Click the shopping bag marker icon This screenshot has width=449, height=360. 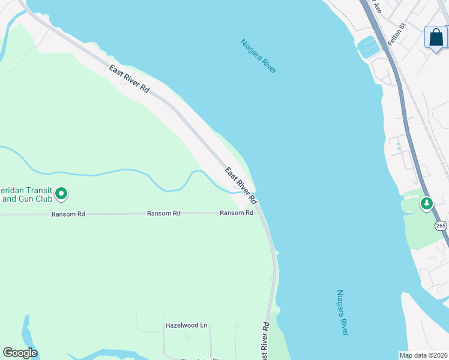click(436, 37)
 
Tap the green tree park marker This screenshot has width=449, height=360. click(426, 204)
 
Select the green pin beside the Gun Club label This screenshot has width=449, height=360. click(61, 193)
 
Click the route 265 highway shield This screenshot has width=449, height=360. click(441, 226)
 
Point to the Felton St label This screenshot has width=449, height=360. click(397, 35)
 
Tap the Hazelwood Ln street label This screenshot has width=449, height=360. click(186, 326)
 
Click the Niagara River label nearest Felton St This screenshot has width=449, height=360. click(258, 56)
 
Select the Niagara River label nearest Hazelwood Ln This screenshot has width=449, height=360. click(342, 313)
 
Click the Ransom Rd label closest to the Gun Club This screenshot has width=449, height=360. click(68, 213)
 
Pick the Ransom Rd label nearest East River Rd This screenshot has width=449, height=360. click(236, 213)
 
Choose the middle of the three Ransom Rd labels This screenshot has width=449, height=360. click(164, 213)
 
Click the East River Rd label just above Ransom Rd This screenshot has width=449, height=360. click(241, 185)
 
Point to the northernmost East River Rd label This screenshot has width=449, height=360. click(129, 79)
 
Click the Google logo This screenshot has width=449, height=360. click(20, 353)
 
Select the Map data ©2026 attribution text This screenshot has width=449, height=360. click(424, 355)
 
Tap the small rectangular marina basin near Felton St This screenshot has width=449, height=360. click(368, 47)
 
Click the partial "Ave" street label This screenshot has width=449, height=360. click(377, 7)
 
